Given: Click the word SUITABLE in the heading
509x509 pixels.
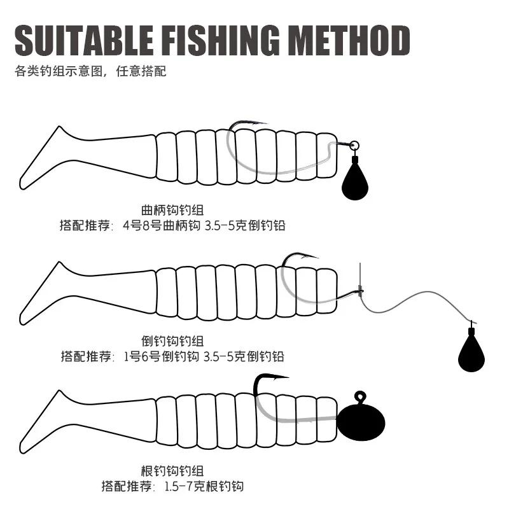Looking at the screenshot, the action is (84, 40).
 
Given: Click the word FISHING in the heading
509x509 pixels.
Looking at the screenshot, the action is (220, 40).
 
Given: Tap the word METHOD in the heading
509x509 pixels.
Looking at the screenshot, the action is (349, 40).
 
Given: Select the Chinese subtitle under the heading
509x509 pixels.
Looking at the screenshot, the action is (90, 71).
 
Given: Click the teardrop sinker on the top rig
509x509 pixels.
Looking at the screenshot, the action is (355, 178).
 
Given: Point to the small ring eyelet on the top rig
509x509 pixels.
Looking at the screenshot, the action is (354, 145).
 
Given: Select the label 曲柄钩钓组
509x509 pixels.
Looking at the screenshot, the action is (172, 210).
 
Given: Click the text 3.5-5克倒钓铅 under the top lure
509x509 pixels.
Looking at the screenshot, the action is (245, 225).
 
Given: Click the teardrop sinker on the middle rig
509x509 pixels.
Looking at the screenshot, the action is (471, 349).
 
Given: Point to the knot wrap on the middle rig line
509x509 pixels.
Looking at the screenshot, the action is (360, 289).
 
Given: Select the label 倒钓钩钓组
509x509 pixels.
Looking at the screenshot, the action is (172, 341).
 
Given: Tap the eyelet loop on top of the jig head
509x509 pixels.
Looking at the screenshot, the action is (360, 396).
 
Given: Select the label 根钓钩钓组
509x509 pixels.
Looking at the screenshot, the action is (172, 471).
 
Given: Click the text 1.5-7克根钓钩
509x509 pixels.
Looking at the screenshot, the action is (204, 486).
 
